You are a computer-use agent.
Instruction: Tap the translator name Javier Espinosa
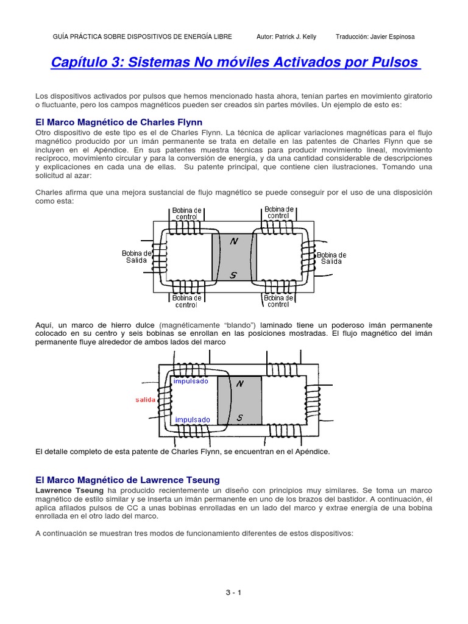coord(375,37)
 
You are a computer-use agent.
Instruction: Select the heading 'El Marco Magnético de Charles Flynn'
coord(119,122)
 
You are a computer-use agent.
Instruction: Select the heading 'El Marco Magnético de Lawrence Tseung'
coord(127,480)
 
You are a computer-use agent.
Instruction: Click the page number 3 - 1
coord(233,592)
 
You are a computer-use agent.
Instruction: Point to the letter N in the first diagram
coord(233,241)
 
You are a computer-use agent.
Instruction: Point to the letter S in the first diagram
coord(233,275)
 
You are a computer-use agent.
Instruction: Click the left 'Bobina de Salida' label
coord(137,257)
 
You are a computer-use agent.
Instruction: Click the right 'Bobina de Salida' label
coord(331,258)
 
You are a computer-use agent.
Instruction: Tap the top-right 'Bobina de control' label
coord(279,211)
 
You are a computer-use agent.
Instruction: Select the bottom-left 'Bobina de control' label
coord(186,301)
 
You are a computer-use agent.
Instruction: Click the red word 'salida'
coord(146,400)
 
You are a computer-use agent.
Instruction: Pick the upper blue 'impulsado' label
coord(191,381)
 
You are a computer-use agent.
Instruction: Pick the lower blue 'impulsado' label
coord(193,419)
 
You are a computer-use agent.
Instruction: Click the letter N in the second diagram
coord(239,384)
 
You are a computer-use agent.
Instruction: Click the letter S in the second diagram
coord(239,417)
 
